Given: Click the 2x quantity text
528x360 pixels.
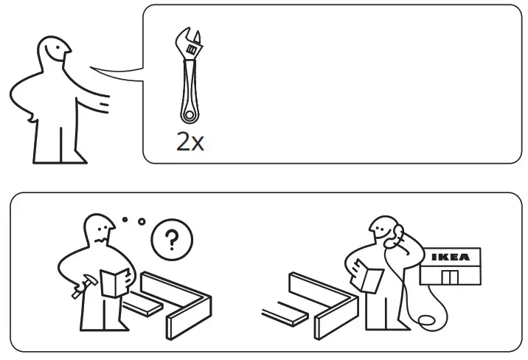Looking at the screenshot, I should click(x=190, y=141).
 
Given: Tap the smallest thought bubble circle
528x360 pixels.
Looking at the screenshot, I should click(x=125, y=219).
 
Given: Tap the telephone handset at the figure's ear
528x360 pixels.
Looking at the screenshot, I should click(x=397, y=237).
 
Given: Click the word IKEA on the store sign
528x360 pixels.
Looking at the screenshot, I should click(x=450, y=258).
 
